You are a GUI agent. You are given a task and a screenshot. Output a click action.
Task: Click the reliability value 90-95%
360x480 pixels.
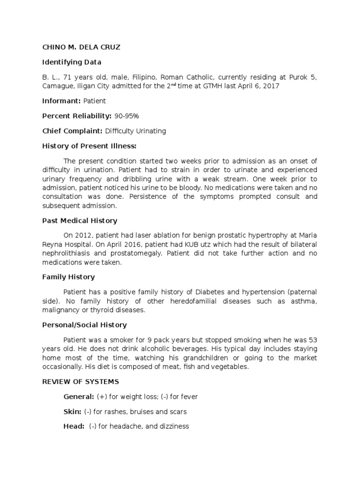[129, 116]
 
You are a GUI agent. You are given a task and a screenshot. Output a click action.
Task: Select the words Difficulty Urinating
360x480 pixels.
[136, 131]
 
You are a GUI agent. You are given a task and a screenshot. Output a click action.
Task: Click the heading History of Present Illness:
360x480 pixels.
[89, 146]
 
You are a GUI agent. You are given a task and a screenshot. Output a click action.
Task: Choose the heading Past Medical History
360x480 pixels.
[80, 220]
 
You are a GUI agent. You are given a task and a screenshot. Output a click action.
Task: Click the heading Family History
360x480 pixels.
[68, 277]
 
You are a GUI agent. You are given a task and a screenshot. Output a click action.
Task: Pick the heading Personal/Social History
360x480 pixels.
[84, 325]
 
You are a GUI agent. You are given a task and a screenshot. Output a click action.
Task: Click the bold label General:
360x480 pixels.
[79, 397]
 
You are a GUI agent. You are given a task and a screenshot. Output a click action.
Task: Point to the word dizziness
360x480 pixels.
[172, 427]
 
